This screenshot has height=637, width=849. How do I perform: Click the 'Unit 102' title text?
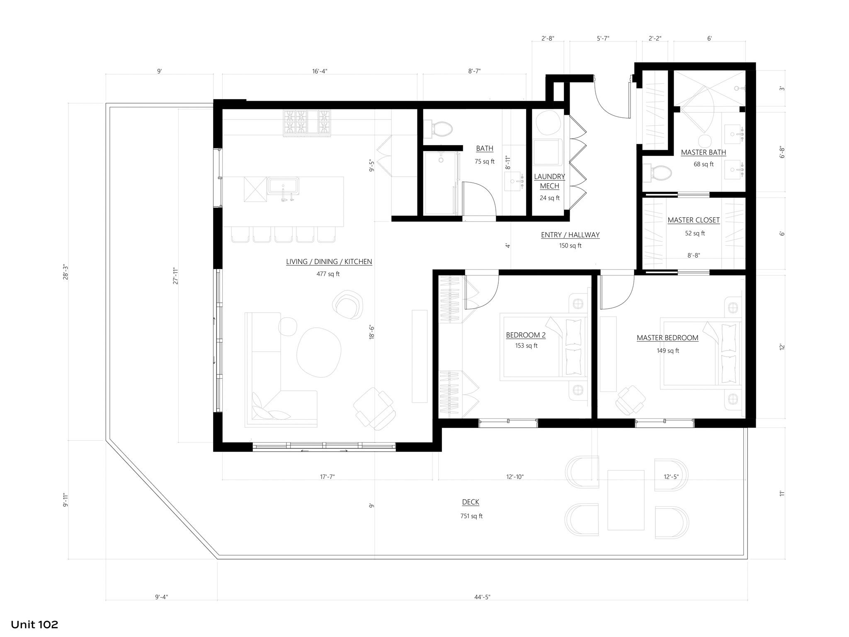(34, 624)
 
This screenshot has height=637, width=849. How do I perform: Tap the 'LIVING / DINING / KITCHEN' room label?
(329, 262)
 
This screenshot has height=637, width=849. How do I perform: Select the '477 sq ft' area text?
(328, 274)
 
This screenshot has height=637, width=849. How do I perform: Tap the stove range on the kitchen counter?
(307, 123)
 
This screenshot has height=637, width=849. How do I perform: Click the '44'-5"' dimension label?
(482, 597)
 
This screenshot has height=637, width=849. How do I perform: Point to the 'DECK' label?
(471, 502)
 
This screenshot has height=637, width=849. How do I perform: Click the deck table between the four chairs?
(626, 500)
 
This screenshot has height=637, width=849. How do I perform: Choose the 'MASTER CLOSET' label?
(694, 220)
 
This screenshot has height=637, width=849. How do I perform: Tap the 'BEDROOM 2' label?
(526, 335)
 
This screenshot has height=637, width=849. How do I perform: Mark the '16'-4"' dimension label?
(320, 71)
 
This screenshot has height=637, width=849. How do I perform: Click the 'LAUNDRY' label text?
(549, 177)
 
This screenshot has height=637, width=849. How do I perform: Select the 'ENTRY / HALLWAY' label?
(570, 235)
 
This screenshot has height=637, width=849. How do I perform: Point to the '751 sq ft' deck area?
(471, 516)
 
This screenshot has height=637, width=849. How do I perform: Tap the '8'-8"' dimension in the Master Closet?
(694, 255)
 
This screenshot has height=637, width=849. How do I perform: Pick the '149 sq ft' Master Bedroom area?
(668, 351)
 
